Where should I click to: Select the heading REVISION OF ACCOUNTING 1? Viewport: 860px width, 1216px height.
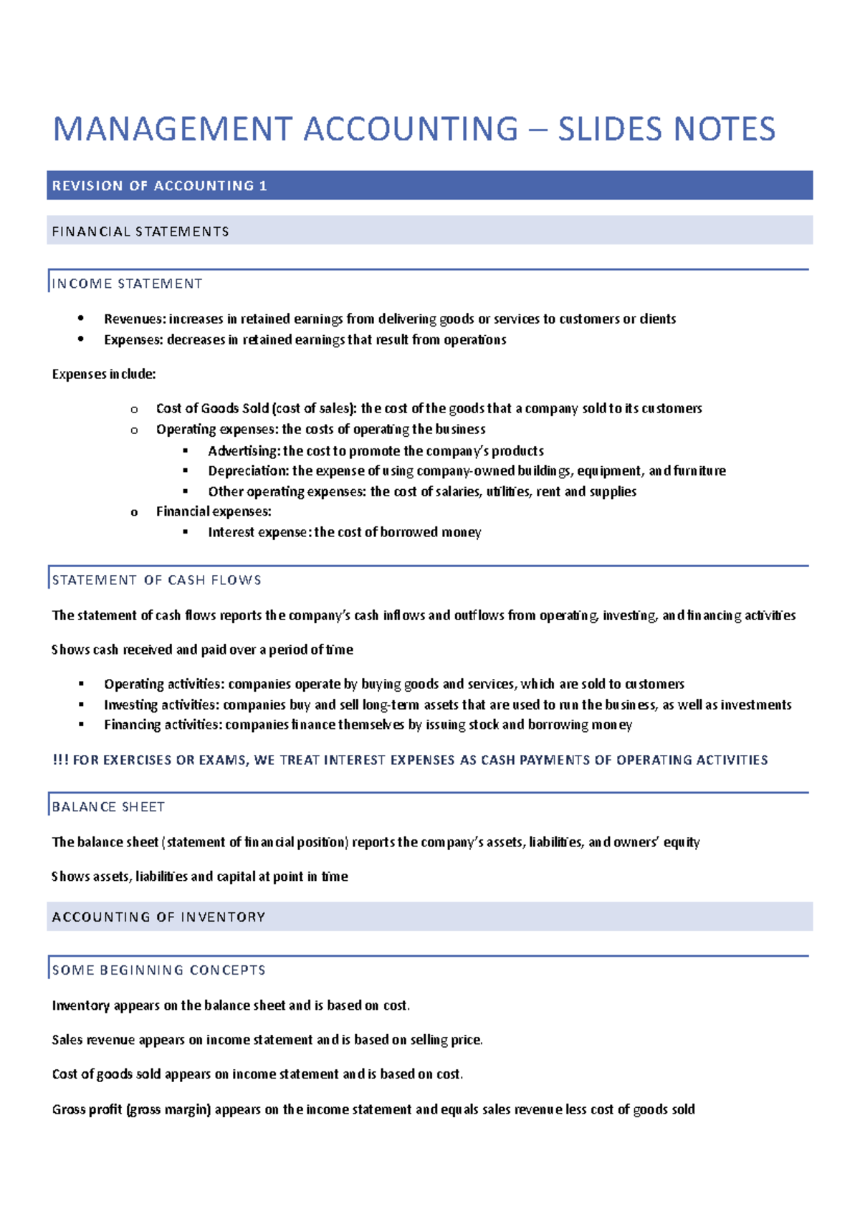coord(159,186)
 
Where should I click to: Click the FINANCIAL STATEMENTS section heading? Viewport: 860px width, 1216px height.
coord(140,232)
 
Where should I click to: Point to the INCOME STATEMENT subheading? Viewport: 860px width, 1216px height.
coord(127,284)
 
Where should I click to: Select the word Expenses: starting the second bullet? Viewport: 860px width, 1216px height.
coord(133,340)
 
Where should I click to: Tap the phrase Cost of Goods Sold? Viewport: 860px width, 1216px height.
coord(212,409)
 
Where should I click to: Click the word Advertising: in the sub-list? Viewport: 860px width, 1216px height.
coord(244,451)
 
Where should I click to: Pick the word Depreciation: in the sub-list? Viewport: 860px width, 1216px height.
coord(248,471)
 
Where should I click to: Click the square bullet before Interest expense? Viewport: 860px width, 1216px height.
coord(186,532)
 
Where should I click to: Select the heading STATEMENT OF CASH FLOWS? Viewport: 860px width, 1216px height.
coord(156,581)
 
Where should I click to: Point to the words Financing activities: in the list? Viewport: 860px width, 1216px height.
coord(163,725)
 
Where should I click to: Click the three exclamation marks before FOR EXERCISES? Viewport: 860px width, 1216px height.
coord(60,760)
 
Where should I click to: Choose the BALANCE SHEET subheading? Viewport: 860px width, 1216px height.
coord(108,807)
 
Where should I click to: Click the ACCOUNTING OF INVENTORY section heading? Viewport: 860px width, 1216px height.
coord(158,917)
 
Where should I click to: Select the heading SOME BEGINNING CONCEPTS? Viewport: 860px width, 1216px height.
coord(158,970)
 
